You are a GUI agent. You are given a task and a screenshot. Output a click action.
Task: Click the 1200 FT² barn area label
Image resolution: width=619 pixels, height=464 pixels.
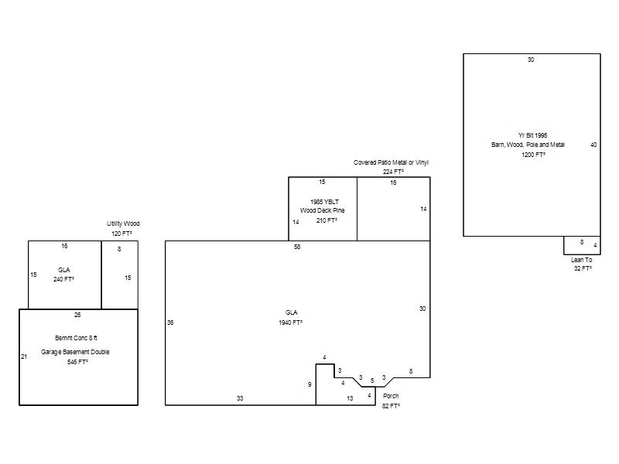click(533, 155)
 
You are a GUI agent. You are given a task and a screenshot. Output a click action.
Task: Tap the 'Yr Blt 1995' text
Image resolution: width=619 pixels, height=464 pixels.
click(532, 135)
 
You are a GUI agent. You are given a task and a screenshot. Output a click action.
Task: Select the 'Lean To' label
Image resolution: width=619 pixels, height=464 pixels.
click(582, 260)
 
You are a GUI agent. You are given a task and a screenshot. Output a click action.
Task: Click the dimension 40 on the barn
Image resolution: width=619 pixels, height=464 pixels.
click(593, 145)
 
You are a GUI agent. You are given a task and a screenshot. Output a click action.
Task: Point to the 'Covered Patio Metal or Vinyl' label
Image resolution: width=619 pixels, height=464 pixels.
click(391, 162)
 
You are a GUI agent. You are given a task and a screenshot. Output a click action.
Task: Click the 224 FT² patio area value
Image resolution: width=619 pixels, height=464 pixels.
click(393, 172)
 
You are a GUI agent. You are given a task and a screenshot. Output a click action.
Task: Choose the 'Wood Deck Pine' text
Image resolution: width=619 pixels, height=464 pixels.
click(322, 210)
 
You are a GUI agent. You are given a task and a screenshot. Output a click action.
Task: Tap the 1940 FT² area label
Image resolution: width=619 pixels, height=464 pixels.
click(291, 322)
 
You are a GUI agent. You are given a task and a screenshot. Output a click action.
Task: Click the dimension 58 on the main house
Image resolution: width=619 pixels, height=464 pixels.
click(297, 247)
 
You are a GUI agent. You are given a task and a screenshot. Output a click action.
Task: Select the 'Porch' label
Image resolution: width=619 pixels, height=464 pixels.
click(391, 396)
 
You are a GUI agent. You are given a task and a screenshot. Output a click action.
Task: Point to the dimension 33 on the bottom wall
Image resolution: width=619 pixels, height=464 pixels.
click(240, 398)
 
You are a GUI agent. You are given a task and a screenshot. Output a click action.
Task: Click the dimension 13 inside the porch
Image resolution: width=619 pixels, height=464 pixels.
click(350, 398)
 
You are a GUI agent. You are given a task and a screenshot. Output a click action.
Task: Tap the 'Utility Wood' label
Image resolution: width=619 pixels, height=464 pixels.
click(123, 223)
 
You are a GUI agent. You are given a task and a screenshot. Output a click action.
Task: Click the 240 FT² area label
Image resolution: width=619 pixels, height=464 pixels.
click(64, 279)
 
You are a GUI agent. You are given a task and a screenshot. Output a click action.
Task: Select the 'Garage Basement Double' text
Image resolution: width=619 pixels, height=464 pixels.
click(75, 352)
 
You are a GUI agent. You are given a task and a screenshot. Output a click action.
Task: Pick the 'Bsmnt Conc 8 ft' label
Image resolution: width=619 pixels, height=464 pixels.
click(76, 338)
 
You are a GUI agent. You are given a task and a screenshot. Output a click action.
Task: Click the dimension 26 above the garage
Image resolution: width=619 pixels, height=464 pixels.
click(77, 315)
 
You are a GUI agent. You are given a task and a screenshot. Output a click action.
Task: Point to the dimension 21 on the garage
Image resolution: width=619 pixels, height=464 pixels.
click(24, 357)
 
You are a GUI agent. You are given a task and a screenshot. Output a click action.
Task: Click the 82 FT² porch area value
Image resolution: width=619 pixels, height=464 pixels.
click(391, 406)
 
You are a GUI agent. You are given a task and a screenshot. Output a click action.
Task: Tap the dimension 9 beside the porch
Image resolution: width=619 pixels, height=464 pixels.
click(309, 384)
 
